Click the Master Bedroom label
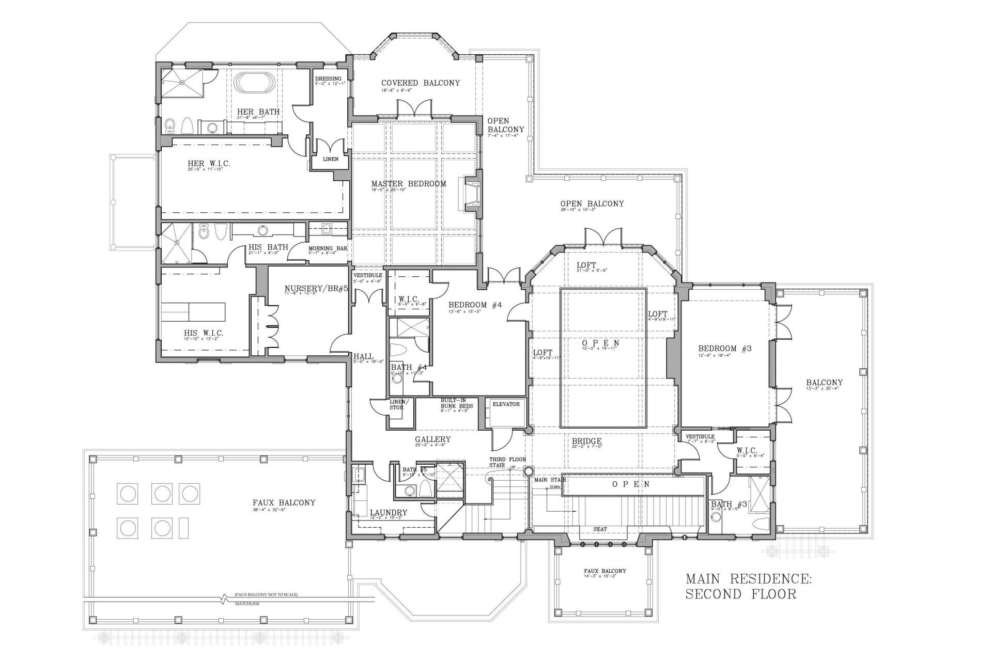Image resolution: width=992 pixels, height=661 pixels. click(x=408, y=183)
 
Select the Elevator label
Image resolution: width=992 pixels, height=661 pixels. click(x=506, y=404)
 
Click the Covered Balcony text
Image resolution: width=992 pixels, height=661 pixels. click(x=420, y=83)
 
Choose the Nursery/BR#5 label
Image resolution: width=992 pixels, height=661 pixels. click(x=316, y=288)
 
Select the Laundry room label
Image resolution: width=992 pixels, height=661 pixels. click(x=389, y=513)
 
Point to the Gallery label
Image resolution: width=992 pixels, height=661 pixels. click(x=432, y=439)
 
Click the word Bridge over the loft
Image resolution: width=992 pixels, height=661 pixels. click(x=586, y=441)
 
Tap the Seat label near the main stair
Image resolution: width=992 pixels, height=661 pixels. click(x=600, y=529)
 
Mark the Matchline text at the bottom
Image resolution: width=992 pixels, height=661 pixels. click(x=246, y=603)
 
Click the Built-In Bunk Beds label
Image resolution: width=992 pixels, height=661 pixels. click(x=456, y=403)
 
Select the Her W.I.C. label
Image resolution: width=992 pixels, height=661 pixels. click(x=209, y=163)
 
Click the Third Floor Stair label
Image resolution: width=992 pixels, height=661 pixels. click(x=500, y=462)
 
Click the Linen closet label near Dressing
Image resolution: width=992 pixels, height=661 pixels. click(x=331, y=159)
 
